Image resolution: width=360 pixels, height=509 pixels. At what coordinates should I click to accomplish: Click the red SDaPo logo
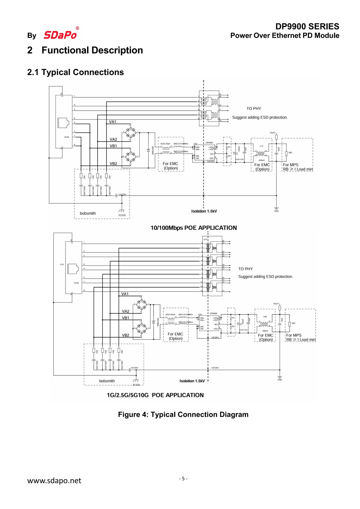(x=60, y=35)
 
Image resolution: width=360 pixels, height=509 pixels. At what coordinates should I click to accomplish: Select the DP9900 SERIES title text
(x=307, y=26)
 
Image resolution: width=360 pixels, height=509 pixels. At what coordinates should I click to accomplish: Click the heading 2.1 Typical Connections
(x=75, y=72)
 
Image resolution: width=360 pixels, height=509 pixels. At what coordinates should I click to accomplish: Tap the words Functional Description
(x=92, y=50)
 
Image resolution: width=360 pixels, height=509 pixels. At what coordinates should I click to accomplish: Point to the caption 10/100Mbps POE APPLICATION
(x=193, y=228)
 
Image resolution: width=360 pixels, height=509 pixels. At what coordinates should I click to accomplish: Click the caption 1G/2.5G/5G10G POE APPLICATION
(x=155, y=395)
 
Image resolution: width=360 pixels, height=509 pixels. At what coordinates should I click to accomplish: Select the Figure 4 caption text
(x=183, y=415)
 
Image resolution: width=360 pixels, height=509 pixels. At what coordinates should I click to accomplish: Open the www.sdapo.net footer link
(x=54, y=481)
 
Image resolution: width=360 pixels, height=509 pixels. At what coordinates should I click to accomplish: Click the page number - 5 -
(x=183, y=478)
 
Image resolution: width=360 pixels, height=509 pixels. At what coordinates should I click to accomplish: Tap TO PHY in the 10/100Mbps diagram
(x=253, y=108)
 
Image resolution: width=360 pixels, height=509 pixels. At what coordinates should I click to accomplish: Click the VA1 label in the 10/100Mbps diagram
(x=113, y=122)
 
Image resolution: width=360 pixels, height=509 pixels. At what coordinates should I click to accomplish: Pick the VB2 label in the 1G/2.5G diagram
(x=126, y=335)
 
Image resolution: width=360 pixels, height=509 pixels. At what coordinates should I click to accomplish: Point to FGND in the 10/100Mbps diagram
(x=122, y=215)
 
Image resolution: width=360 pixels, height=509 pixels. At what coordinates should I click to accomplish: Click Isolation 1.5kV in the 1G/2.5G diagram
(x=192, y=381)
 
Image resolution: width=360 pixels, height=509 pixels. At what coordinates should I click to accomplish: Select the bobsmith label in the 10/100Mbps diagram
(x=87, y=213)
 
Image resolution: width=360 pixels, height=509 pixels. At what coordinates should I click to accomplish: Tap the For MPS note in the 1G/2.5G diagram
(x=294, y=335)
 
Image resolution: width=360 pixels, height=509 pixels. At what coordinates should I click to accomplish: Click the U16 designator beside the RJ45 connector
(x=62, y=264)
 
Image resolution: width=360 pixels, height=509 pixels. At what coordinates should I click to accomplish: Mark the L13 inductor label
(x=261, y=146)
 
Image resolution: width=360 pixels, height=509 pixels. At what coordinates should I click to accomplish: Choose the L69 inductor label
(x=265, y=317)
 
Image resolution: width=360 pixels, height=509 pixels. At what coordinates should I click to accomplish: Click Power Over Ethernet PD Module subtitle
(x=284, y=36)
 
